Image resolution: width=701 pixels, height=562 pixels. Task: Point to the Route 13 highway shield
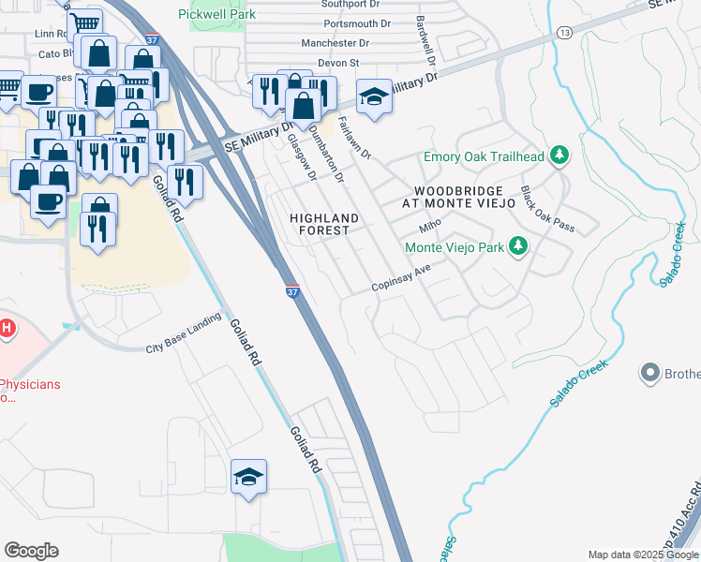[x=563, y=33]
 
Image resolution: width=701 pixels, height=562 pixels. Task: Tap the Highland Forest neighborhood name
[x=323, y=225]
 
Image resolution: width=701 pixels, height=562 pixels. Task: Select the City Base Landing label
[x=182, y=348]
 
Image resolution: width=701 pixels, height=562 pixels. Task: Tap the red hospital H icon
[x=7, y=328]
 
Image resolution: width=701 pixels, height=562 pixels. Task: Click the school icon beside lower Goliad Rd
[x=249, y=477]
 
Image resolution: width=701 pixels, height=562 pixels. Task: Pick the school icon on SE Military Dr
[x=374, y=98]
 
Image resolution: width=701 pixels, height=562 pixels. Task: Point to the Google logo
[x=31, y=551]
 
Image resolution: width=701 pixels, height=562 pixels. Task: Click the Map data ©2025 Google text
[x=643, y=555]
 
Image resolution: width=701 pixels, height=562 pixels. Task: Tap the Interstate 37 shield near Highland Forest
[x=291, y=292]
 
